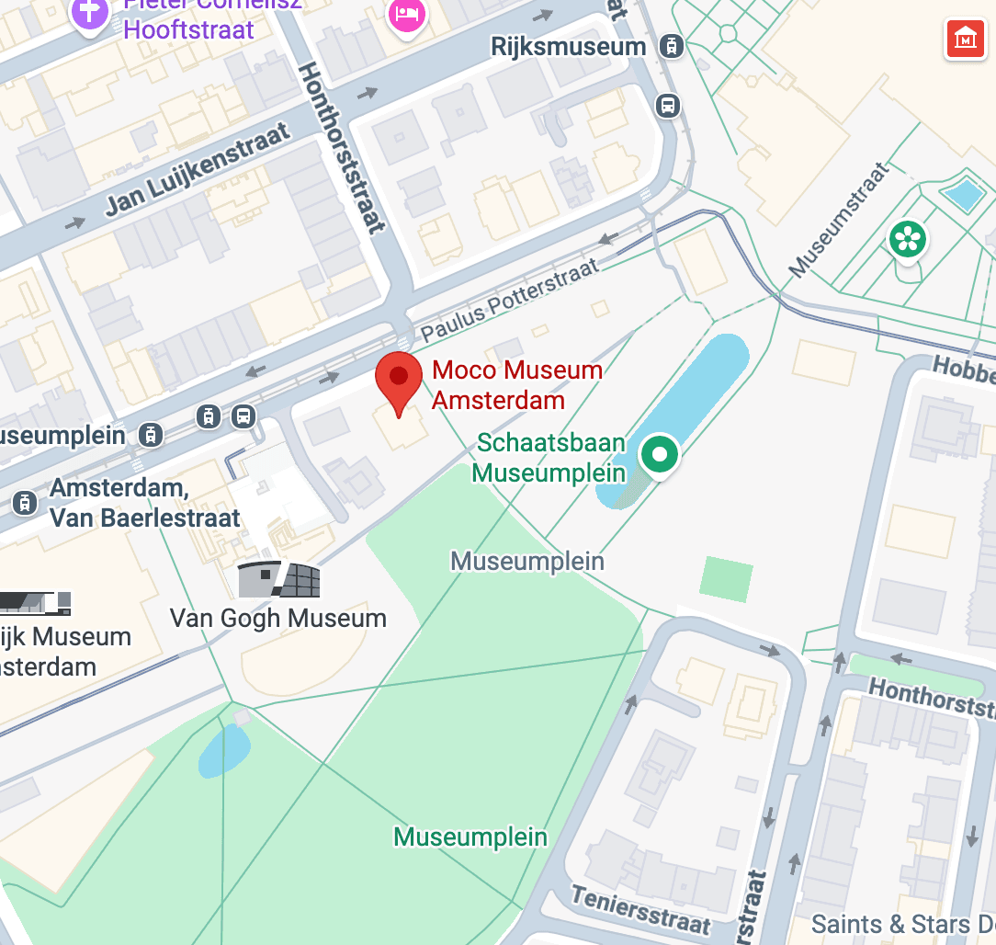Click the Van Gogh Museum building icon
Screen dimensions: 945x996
coord(278,580)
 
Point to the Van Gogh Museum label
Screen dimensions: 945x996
coord(278,618)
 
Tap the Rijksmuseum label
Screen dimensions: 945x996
coord(568,47)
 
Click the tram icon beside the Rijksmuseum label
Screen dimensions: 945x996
coord(672,46)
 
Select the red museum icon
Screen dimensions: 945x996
coord(965,40)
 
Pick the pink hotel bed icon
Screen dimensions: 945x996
coord(404,14)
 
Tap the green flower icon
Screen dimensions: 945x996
coord(907,239)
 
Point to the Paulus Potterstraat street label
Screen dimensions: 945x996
coord(510,300)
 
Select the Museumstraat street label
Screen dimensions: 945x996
coord(840,220)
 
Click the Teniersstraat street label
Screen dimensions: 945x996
coord(640,909)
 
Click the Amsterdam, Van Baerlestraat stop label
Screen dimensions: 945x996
coord(145,502)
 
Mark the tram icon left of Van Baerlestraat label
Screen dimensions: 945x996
coord(24,502)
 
